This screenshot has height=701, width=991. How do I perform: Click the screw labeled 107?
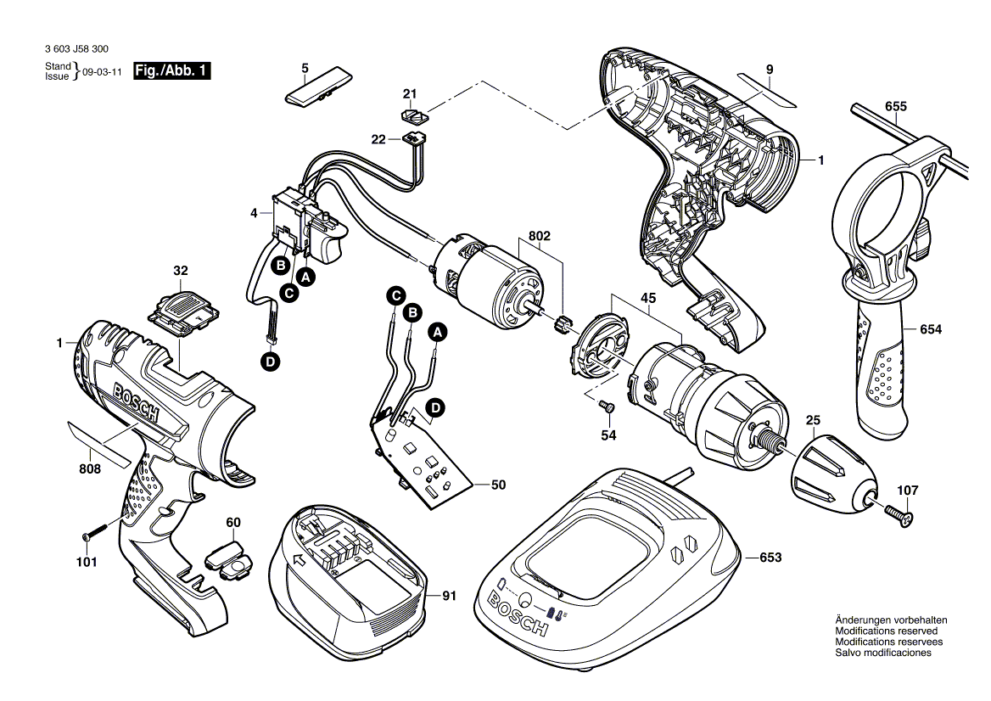click(899, 513)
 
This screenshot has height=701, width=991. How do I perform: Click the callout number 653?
click(770, 558)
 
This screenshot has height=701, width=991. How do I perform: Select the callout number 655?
click(895, 106)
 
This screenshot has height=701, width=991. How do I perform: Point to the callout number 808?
click(90, 468)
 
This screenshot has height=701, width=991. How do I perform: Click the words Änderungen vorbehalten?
click(891, 620)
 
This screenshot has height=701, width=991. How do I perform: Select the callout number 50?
click(498, 485)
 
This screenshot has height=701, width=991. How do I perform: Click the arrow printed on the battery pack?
click(296, 559)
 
